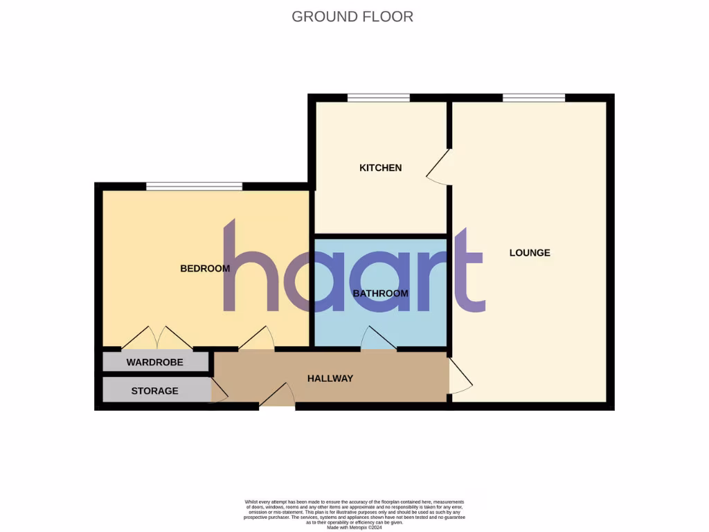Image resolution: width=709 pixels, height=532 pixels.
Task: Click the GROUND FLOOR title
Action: click(352, 17)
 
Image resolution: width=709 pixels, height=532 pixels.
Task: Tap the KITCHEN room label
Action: click(380, 168)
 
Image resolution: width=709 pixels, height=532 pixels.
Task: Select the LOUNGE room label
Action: click(530, 253)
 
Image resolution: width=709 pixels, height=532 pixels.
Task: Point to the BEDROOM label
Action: click(205, 269)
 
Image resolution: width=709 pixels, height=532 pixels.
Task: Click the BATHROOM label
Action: click(380, 294)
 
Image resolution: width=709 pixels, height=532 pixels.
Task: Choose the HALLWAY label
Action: click(330, 378)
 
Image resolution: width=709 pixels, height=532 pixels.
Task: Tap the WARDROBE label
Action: click(154, 362)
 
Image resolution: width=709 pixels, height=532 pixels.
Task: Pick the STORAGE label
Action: click(154, 391)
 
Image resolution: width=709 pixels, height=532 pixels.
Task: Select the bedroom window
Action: click(194, 186)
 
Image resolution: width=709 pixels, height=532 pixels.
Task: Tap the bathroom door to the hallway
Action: click(378, 339)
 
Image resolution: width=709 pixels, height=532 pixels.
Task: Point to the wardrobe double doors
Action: click(157, 338)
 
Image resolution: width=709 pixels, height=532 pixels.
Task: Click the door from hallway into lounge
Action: click(460, 377)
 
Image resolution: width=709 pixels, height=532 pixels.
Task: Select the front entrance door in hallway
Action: click(278, 396)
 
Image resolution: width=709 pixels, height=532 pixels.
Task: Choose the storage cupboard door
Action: click(218, 391)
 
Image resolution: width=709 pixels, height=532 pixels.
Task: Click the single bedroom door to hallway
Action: click(257, 339)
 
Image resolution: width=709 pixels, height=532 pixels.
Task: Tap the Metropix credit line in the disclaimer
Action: click(354, 528)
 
